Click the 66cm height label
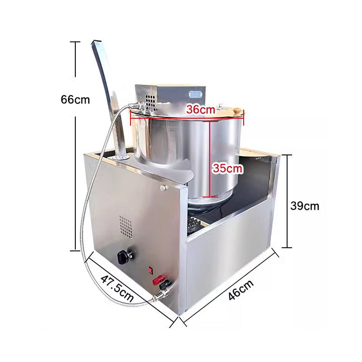pos(75,100)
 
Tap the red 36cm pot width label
pos(201,110)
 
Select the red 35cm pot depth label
pos(227,168)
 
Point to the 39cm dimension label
pos(305,206)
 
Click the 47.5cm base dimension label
pos(117,288)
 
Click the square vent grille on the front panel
pos(125,226)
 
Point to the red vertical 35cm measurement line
pos(209,159)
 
